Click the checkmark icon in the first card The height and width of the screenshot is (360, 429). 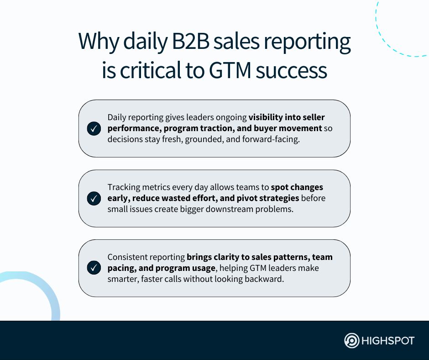pos(94,129)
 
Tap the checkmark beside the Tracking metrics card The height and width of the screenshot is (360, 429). pos(94,199)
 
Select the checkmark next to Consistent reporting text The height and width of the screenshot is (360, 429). pos(94,268)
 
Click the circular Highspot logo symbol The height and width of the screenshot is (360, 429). pos(351,341)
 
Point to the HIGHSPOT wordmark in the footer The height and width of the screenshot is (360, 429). pos(387,341)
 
